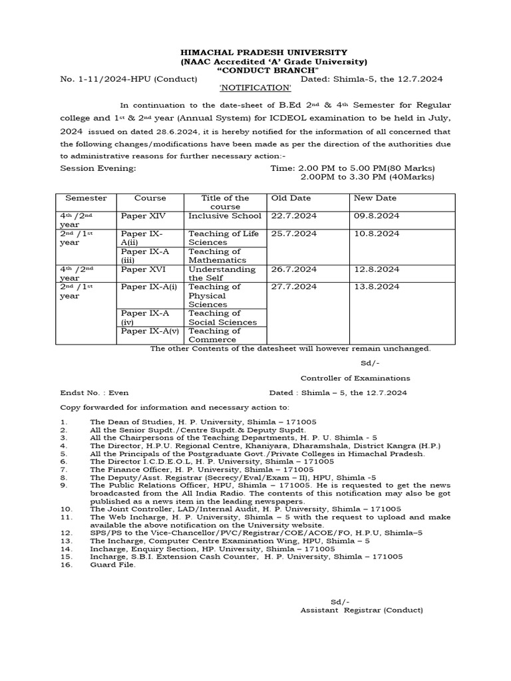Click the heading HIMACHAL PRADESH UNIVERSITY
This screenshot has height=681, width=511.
256,53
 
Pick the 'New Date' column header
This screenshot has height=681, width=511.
375,198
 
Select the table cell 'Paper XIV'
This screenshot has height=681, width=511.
142,216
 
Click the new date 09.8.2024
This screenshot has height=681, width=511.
376,216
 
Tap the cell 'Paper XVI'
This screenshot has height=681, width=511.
142,269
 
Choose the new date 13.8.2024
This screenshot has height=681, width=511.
376,287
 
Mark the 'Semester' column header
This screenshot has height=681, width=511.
86,198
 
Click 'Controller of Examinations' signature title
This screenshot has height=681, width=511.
355,378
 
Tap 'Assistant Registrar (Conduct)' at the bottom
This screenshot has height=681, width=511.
361,610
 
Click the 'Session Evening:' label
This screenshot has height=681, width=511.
98,168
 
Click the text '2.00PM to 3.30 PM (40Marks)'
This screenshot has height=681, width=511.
367,177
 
